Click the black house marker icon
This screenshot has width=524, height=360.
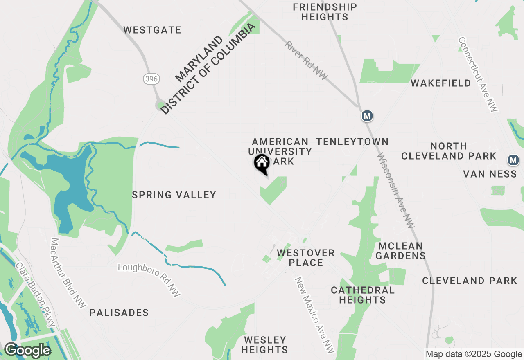tap(262, 163)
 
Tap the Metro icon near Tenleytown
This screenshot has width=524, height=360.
tap(367, 116)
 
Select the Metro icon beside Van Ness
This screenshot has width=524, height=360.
tap(513, 160)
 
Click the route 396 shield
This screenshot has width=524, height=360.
tap(151, 79)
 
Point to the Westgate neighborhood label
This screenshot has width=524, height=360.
tap(152, 30)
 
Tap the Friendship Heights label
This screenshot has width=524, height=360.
tap(325, 12)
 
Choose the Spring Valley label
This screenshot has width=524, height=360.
tap(174, 195)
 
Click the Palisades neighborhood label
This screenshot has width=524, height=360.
tap(119, 313)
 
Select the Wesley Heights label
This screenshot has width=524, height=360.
tap(265, 345)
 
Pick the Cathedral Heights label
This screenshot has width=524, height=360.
tap(363, 295)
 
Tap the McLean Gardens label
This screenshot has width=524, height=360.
tap(400, 251)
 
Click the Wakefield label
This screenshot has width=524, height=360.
tap(441, 83)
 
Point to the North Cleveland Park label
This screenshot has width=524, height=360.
tap(449, 151)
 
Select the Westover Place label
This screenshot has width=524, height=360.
tap(306, 258)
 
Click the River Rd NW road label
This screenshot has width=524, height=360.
tap(307, 60)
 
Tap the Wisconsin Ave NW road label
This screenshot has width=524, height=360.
tap(396, 191)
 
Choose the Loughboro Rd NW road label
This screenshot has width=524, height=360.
tap(149, 280)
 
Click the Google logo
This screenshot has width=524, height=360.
tap(27, 351)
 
